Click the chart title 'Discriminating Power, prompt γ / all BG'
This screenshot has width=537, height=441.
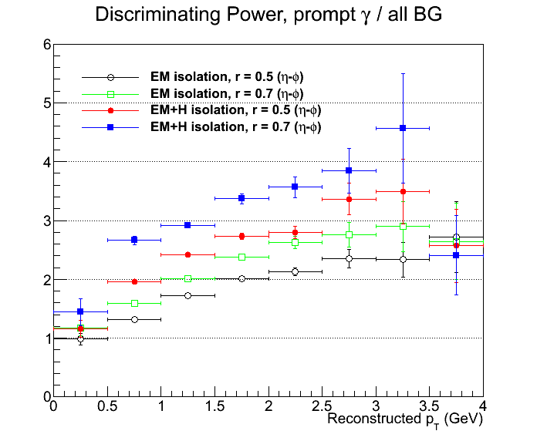coord(268,15)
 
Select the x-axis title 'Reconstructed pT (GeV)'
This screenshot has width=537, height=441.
coord(405,419)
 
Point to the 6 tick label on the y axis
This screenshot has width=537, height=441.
coord(47,45)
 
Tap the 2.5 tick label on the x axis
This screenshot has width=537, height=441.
coord(322,406)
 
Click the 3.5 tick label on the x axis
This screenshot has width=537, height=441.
coord(429,406)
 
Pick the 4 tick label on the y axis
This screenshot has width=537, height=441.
coord(47,162)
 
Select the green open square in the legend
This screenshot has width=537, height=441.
coord(110,94)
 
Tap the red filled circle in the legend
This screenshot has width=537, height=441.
coord(110,110)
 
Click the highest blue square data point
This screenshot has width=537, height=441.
coord(403,128)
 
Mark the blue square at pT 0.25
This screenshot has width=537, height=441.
coord(80,311)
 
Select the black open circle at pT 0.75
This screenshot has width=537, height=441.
coord(134,319)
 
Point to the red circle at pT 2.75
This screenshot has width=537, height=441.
coord(349,199)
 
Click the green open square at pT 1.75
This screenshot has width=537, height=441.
coord(241,257)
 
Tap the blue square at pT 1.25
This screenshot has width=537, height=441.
coord(187,225)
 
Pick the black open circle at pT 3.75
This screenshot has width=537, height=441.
coord(456,237)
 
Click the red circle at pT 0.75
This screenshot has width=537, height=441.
coord(134,281)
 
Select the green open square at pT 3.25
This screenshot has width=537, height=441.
coord(403,226)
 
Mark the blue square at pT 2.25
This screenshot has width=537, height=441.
coord(295,187)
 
